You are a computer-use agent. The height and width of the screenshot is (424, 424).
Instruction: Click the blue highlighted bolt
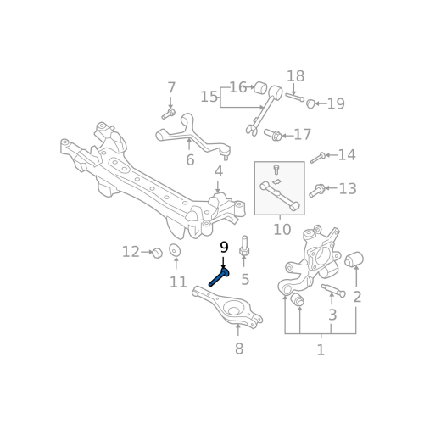click(219, 277)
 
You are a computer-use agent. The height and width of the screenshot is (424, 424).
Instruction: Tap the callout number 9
click(224, 248)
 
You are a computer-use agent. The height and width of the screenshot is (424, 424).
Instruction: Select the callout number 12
click(131, 252)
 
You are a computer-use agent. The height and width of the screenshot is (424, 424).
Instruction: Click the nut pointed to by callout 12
click(157, 253)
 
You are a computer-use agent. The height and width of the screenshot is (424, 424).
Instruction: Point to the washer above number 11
click(175, 250)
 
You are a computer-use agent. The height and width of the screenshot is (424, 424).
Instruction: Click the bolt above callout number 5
click(244, 247)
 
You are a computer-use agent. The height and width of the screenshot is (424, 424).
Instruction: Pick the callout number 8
click(239, 349)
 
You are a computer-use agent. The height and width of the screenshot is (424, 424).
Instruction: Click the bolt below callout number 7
click(169, 114)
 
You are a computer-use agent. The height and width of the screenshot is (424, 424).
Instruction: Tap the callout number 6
click(190, 160)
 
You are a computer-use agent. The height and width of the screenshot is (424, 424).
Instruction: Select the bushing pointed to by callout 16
click(260, 87)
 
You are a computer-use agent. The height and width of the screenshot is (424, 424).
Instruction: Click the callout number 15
click(209, 97)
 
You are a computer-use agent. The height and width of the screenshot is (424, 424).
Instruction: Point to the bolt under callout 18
click(295, 97)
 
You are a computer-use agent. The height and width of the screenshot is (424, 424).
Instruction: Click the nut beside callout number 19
click(310, 103)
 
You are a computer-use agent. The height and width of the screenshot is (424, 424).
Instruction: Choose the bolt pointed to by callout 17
click(272, 135)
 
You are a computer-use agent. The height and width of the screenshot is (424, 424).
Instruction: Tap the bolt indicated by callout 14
click(318, 158)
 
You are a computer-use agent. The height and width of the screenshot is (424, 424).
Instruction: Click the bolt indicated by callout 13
click(317, 191)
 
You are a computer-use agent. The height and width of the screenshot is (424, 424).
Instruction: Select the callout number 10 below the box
click(282, 230)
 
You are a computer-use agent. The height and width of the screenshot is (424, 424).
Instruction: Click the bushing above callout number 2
click(354, 259)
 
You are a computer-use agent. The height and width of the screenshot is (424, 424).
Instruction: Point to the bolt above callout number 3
click(333, 291)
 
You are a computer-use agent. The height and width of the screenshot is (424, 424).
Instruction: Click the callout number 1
click(321, 350)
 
